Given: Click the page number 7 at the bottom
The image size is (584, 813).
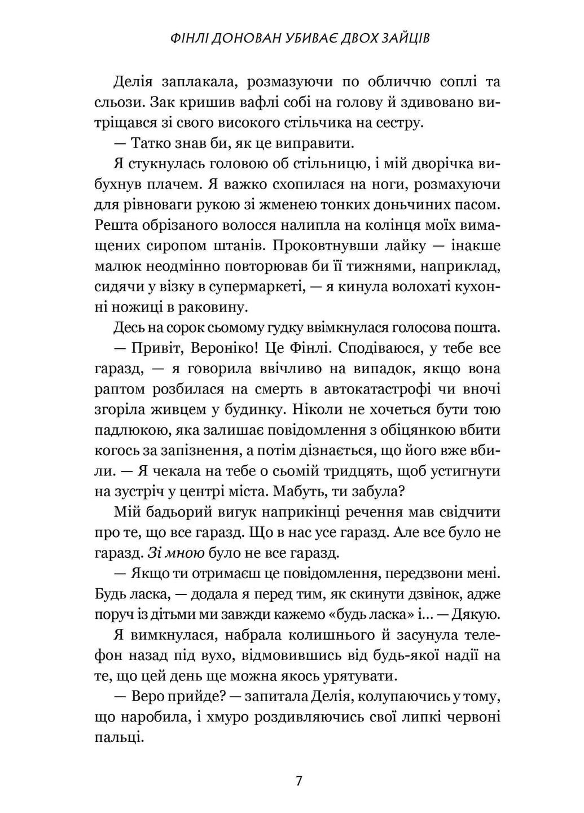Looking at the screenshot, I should (298, 781).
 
